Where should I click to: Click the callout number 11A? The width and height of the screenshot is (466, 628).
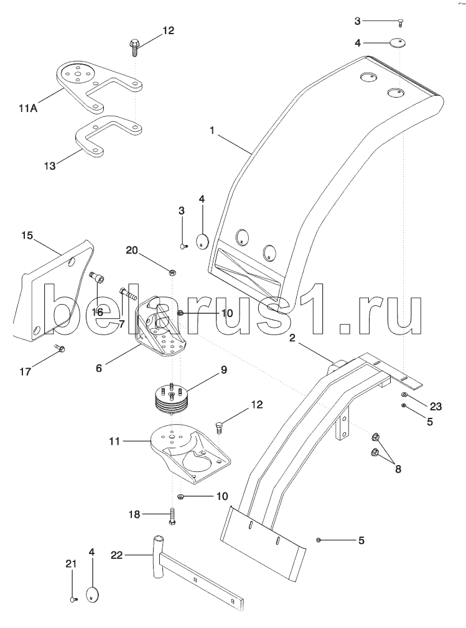(x=27, y=108)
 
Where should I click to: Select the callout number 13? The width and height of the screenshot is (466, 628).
(x=50, y=165)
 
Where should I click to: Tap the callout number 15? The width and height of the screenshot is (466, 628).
(x=27, y=235)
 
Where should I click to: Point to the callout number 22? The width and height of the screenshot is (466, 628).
(x=116, y=555)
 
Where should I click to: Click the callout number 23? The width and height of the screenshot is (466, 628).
(x=436, y=407)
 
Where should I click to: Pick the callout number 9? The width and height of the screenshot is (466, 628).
(x=223, y=370)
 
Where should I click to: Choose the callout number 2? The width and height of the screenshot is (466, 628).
(x=292, y=338)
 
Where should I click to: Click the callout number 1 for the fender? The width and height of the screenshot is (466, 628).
(x=212, y=131)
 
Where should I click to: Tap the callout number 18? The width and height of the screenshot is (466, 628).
(x=134, y=514)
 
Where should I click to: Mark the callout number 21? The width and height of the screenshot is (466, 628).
(x=71, y=563)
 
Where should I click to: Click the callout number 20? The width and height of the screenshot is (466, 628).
(x=132, y=251)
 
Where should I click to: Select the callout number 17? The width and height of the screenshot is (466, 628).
(x=26, y=372)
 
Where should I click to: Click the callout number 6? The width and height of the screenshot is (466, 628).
(x=98, y=367)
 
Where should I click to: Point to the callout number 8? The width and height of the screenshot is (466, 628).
(x=398, y=469)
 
